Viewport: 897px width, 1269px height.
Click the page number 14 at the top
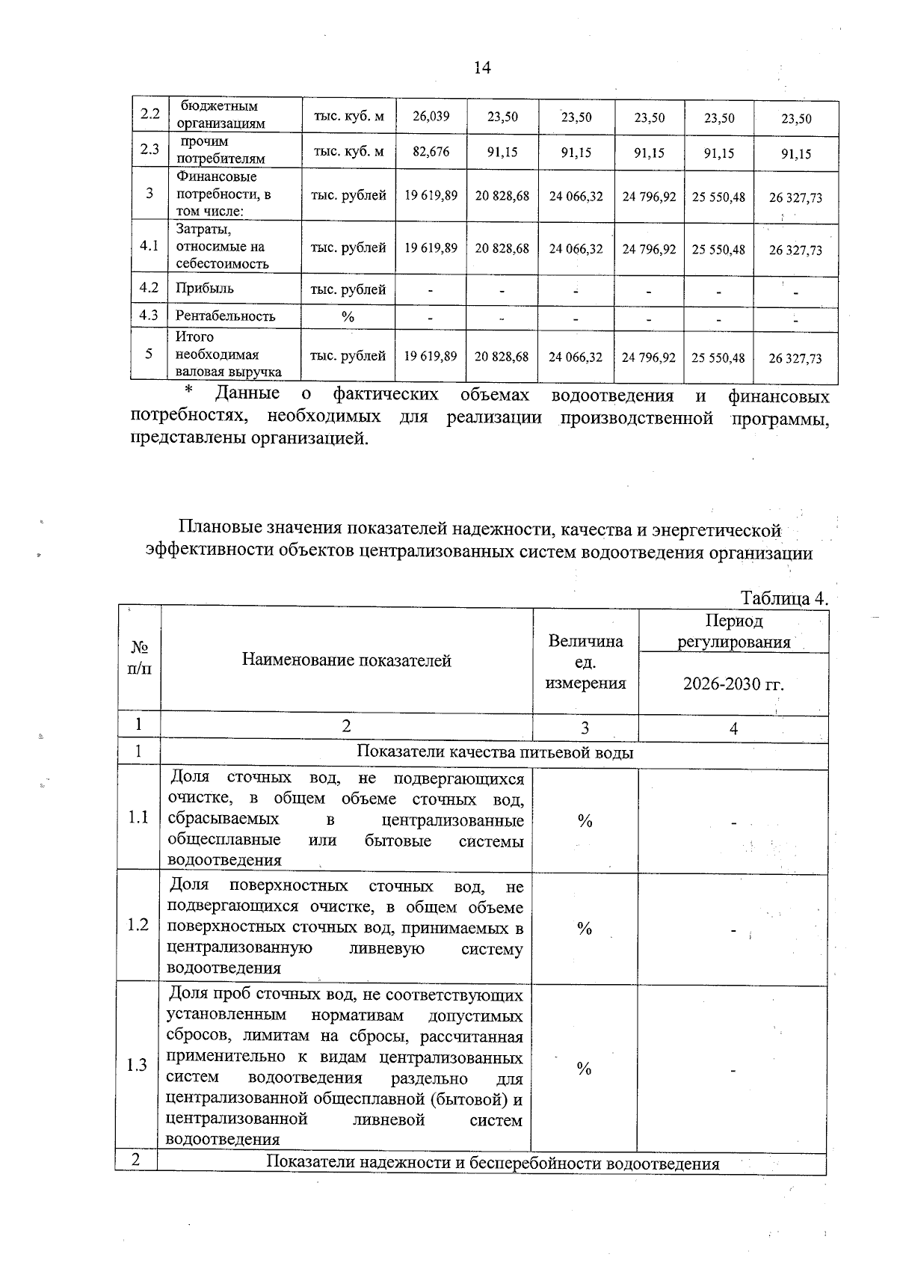(x=482, y=68)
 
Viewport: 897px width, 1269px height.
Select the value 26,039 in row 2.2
(x=431, y=116)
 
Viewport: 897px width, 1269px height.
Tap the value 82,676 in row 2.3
(x=431, y=152)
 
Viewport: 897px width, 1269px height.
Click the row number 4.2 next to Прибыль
(x=149, y=288)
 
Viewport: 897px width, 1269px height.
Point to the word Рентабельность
(x=225, y=316)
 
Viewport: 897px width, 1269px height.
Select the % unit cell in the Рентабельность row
(x=348, y=316)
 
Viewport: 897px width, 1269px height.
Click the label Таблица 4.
(x=784, y=599)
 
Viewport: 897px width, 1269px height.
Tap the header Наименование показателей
(x=346, y=660)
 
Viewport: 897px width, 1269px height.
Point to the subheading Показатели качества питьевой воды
(x=495, y=752)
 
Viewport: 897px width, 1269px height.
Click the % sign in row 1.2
(x=585, y=928)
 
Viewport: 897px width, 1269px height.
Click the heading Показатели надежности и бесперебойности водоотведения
(x=493, y=1163)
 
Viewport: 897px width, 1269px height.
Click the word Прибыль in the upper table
(x=204, y=288)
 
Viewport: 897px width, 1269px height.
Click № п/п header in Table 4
(x=139, y=657)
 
